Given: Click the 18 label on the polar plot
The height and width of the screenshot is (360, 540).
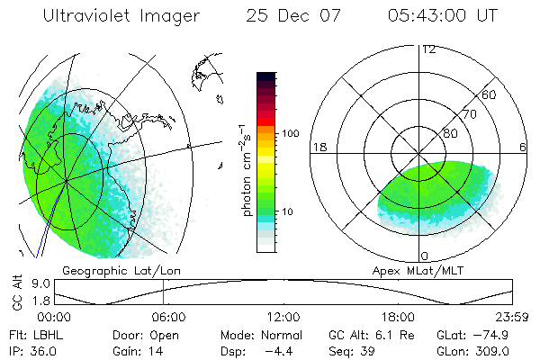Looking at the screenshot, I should click(318, 147).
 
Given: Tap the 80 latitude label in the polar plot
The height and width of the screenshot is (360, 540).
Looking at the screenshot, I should click(450, 133).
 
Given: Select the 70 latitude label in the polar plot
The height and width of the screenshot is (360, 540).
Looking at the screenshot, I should click(468, 114).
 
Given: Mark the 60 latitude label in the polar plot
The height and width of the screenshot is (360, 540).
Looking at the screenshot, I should click(489, 94).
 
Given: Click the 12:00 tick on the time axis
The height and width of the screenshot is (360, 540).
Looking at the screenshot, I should click(283, 317).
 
